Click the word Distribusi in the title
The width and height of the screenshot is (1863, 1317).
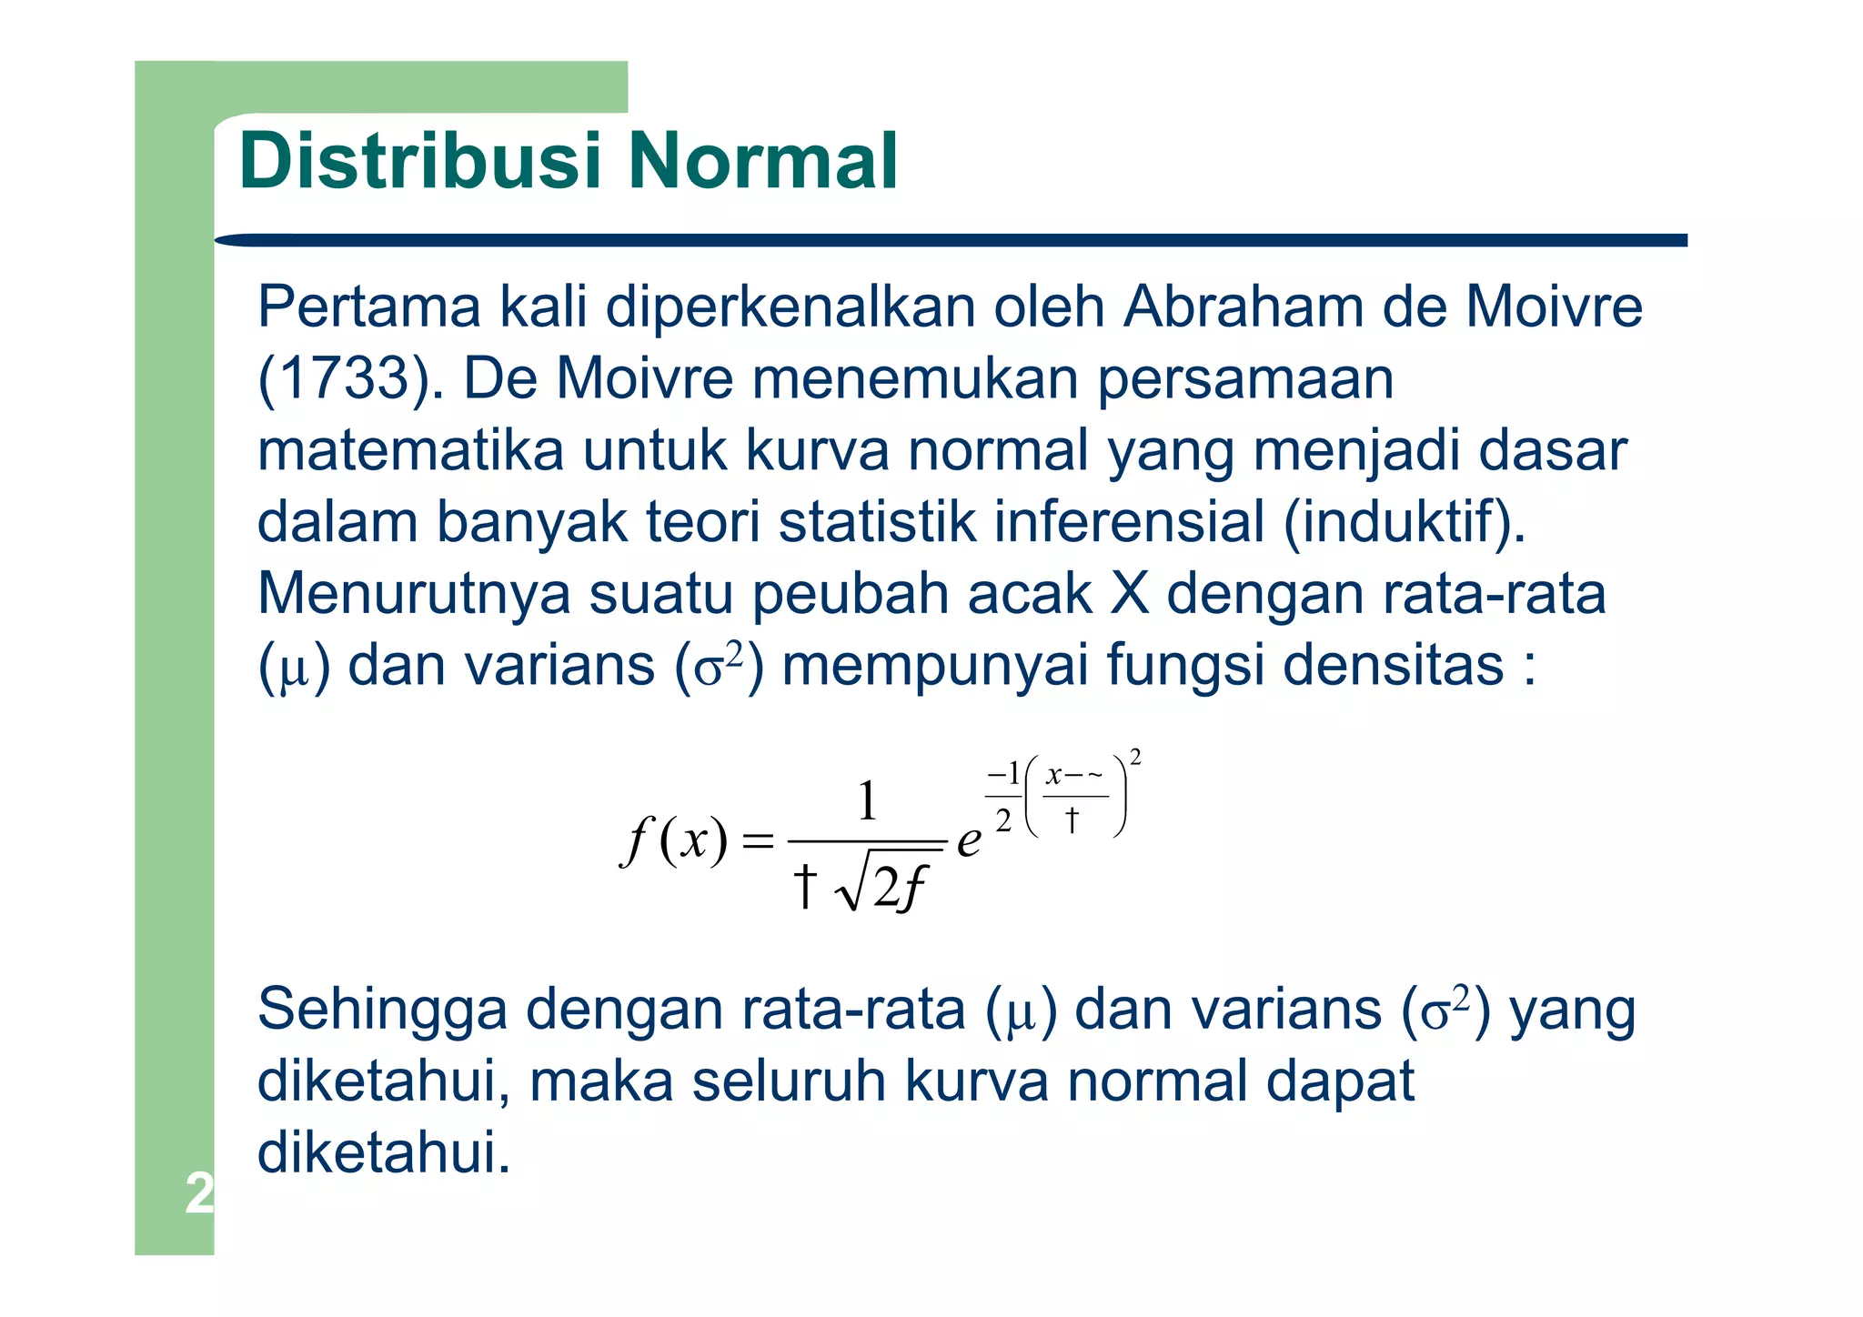[420, 161]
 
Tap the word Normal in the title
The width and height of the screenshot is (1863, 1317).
[762, 161]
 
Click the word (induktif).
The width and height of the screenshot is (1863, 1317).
[1405, 522]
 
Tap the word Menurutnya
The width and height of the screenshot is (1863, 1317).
[414, 593]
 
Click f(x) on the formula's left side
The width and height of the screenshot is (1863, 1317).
[674, 841]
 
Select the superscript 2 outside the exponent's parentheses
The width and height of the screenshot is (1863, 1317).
[1134, 758]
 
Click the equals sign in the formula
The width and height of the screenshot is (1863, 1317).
[757, 842]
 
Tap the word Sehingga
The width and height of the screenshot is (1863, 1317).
[382, 1010]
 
